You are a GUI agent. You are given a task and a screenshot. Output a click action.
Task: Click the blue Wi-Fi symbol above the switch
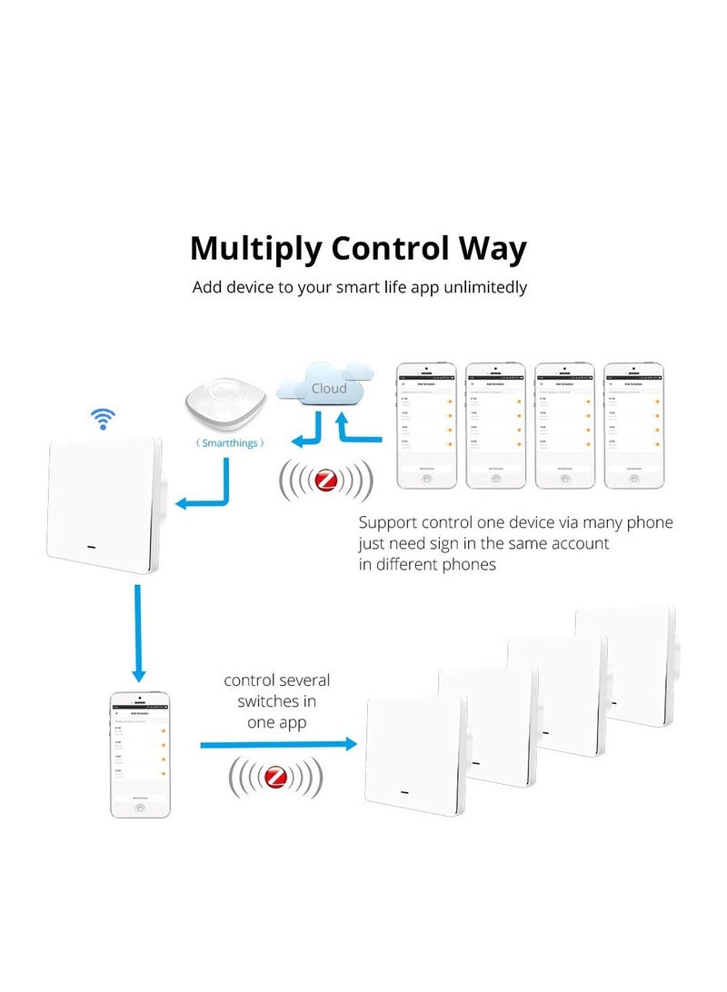(102, 419)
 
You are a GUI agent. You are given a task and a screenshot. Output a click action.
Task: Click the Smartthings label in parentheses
(231, 443)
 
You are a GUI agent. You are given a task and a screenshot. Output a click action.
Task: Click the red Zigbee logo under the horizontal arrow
(275, 778)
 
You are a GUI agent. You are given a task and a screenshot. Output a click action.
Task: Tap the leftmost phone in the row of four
(426, 425)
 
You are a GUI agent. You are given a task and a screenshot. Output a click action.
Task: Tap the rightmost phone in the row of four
(633, 425)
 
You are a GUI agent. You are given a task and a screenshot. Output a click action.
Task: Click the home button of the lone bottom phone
(140, 807)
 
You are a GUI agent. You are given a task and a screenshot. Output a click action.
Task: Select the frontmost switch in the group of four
(413, 754)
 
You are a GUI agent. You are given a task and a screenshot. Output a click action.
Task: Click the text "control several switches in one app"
(276, 701)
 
